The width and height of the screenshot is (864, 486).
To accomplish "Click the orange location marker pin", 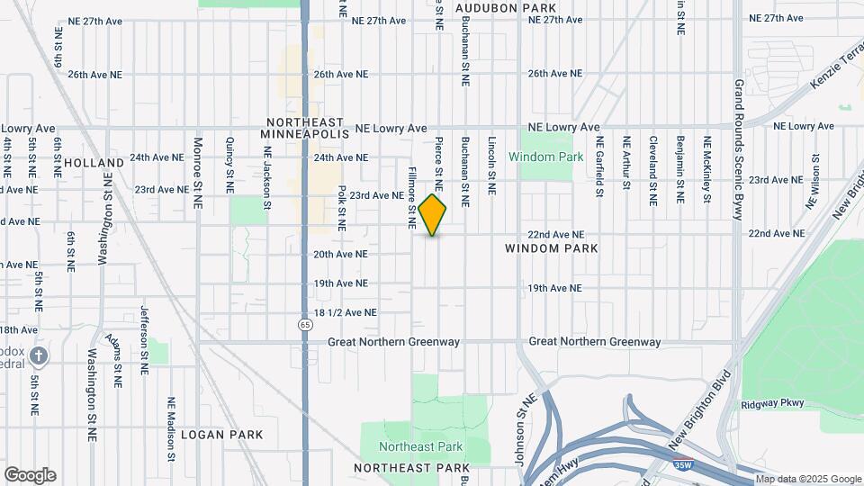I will [x=433, y=215].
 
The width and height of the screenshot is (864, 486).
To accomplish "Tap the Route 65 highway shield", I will [x=307, y=323].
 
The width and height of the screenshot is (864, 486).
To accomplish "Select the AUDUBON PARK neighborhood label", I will [x=507, y=7].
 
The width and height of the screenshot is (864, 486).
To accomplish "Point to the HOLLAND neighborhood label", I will [x=94, y=163].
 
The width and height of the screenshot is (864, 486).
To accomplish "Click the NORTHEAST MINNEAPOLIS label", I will [x=304, y=128].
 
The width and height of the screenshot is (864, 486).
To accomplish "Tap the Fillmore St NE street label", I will [x=412, y=196].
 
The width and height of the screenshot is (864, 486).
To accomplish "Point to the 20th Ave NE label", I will [x=341, y=255].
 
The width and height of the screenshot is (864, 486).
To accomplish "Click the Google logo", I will [x=30, y=474].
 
